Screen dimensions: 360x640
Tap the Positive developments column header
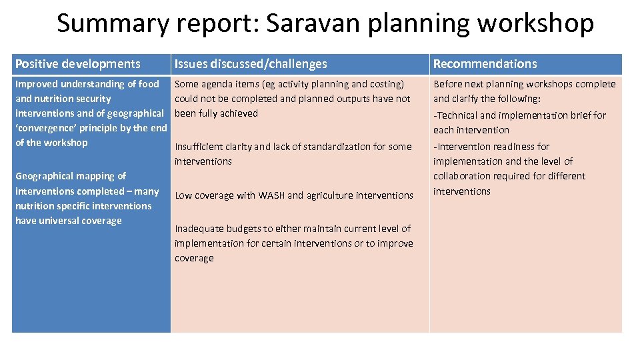[x=78, y=64]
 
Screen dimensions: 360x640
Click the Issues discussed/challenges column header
[x=251, y=64]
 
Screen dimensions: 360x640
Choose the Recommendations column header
[x=485, y=64]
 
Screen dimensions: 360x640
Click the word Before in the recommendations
[x=448, y=84]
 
